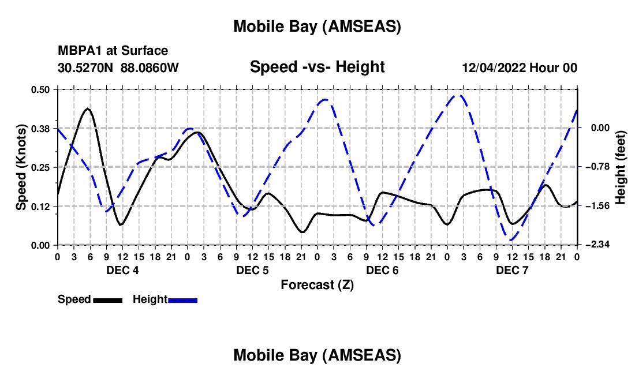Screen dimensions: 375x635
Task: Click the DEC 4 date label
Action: (122, 270)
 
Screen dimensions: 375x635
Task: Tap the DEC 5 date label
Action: (252, 270)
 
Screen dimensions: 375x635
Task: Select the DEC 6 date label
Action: (382, 270)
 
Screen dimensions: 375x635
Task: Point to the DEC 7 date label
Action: (512, 270)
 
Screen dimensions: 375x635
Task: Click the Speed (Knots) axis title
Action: (21, 167)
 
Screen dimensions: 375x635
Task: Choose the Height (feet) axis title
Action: (621, 167)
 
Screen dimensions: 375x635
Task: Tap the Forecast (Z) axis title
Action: (317, 284)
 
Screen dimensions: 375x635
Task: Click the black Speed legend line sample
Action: (107, 299)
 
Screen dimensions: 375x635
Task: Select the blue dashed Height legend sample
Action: (182, 299)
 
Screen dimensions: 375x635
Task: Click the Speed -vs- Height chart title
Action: (317, 67)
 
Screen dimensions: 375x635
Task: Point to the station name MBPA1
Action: (77, 51)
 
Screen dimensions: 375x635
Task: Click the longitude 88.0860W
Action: (150, 68)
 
